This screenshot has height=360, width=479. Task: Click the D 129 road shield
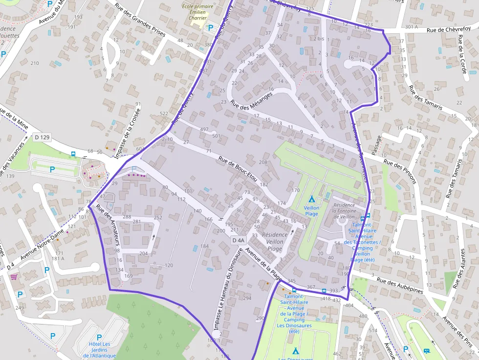(43, 137)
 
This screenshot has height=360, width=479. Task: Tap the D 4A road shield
(238, 240)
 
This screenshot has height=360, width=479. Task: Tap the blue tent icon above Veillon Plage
(311, 199)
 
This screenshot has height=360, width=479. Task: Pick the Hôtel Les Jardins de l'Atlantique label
(99, 350)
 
